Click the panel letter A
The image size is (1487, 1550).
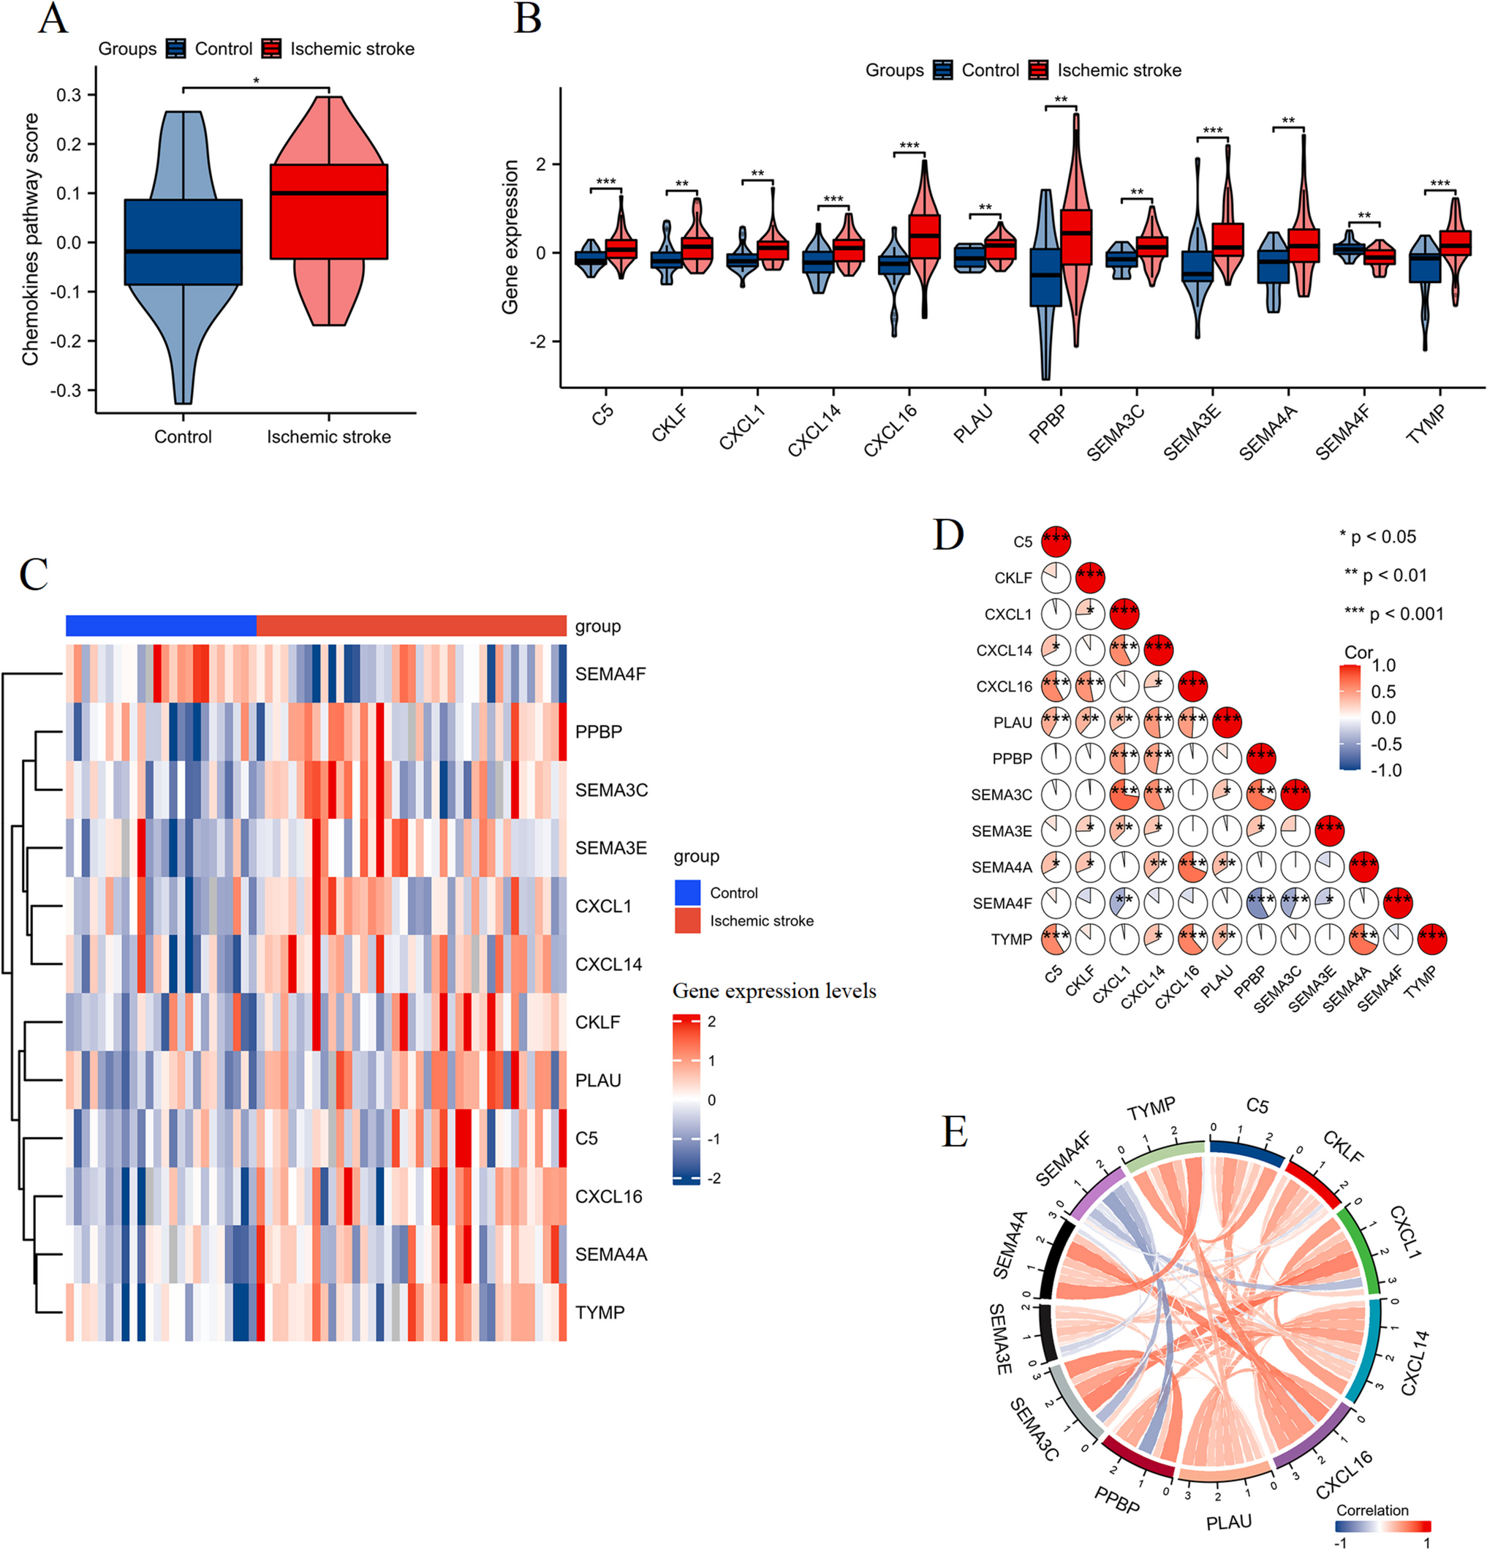tap(52, 18)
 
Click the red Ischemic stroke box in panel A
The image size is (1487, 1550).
tap(328, 211)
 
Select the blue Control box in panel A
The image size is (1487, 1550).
tap(183, 242)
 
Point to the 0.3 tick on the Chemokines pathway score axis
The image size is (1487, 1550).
tap(69, 95)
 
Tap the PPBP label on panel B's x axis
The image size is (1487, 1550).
tap(1047, 424)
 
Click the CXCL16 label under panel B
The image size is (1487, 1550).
tap(890, 431)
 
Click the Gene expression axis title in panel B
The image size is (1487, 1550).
tap(510, 236)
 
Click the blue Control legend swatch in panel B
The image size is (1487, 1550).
tap(943, 70)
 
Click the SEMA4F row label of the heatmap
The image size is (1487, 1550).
tap(610, 674)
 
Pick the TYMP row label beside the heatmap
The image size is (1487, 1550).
tap(599, 1312)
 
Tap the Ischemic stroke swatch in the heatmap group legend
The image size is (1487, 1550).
tap(686, 920)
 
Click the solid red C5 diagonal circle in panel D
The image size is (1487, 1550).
tap(1056, 541)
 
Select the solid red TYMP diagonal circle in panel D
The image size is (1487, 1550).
tap(1431, 939)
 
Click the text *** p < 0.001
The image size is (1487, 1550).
tap(1393, 613)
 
